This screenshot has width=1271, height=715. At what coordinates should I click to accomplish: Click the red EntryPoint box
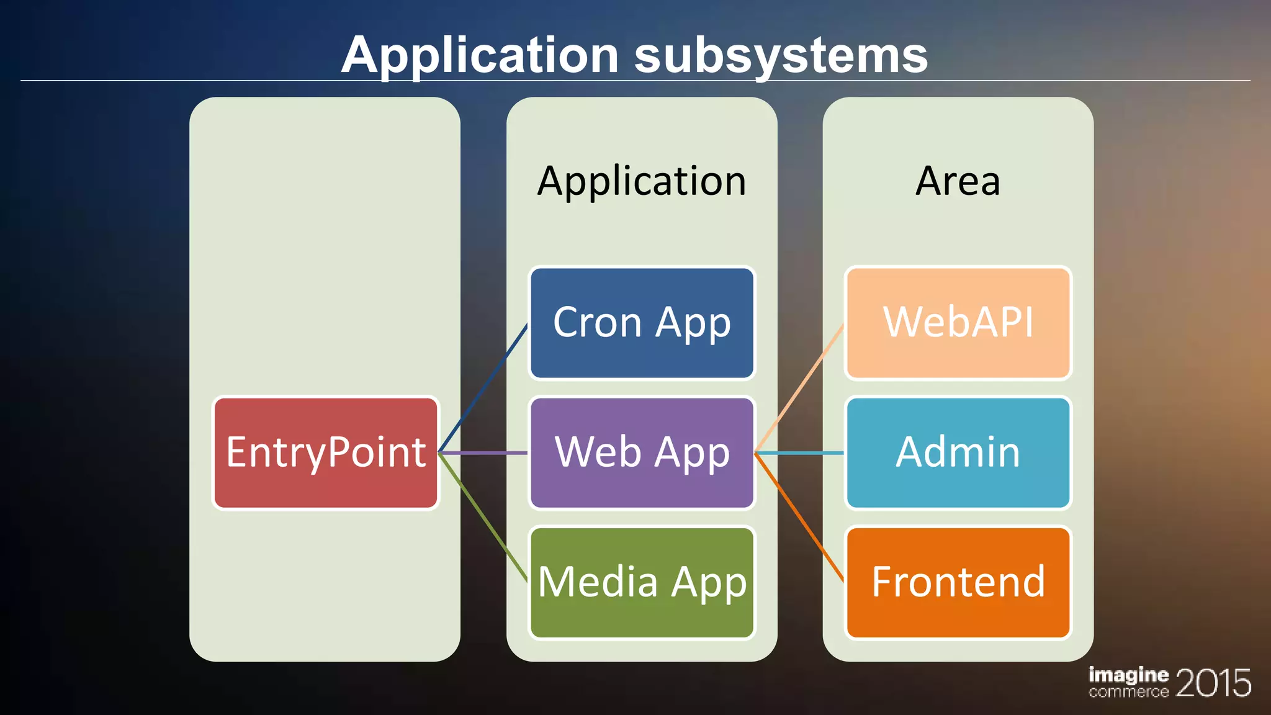pos(326,453)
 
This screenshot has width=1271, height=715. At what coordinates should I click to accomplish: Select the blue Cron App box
pos(642,323)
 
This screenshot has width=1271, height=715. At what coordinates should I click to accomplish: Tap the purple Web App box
pos(642,453)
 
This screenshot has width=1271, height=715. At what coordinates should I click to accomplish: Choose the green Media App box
pos(642,582)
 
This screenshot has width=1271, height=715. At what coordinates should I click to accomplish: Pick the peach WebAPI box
pos(958,323)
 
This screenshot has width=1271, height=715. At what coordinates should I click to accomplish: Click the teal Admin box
pos(958,453)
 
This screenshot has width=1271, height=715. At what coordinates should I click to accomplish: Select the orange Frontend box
pos(958,582)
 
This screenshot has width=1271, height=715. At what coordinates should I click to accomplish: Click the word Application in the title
pos(480,56)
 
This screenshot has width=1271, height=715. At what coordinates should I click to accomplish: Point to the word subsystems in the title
pos(780,56)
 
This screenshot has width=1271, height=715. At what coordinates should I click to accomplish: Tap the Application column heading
pos(642,181)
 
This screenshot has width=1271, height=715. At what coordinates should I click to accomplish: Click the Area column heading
pos(958,181)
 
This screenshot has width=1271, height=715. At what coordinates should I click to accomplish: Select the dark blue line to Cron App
pos(483,388)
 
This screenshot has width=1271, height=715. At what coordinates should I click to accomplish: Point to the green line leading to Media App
pos(483,518)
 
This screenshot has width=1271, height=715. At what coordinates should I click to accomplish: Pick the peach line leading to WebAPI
pos(800,389)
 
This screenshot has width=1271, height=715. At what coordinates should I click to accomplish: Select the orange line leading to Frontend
pos(800,518)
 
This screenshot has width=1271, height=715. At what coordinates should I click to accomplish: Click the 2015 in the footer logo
pos(1213,683)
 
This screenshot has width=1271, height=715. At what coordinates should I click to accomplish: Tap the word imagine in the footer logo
pos(1128,675)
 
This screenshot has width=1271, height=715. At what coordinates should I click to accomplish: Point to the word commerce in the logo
pos(1128,691)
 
